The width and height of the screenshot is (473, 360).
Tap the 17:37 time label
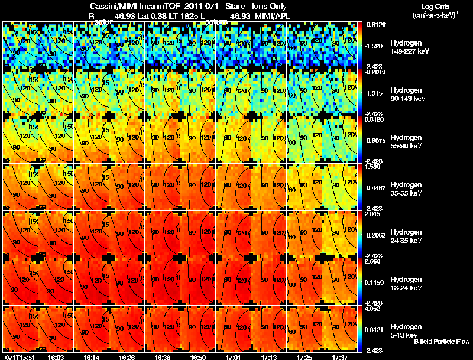(339, 357)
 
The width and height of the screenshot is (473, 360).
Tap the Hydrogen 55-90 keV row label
(407, 141)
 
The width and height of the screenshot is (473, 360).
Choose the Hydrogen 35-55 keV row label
(407, 189)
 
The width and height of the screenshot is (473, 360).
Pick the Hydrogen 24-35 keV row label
(407, 236)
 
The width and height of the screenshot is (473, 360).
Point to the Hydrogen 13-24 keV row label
(407, 283)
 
